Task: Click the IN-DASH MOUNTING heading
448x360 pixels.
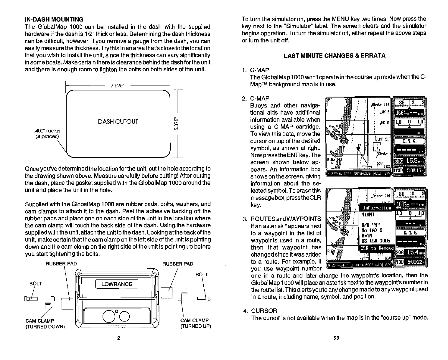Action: point(54,19)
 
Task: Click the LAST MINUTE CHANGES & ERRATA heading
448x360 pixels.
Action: point(334,55)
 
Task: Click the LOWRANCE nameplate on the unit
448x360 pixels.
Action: point(117,284)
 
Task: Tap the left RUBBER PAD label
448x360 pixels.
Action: point(61,263)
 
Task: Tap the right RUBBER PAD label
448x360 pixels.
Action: point(178,263)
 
